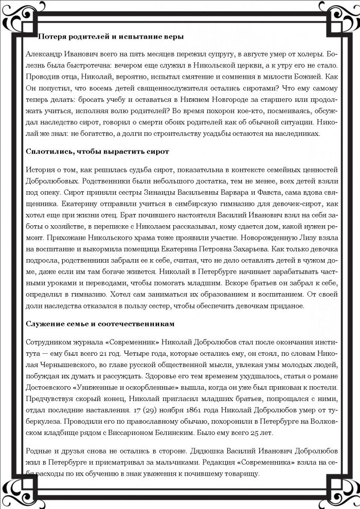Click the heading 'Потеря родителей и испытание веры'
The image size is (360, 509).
111,37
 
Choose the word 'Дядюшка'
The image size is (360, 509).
221,446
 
